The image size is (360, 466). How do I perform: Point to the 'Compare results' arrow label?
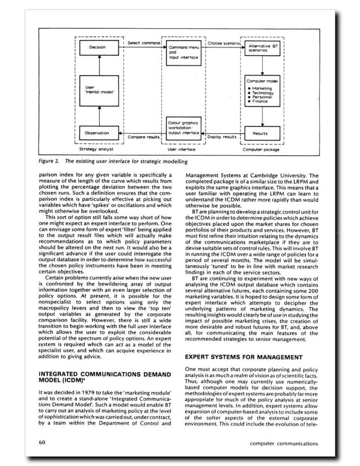pyautogui.click(x=142, y=138)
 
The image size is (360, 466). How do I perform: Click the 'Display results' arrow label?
pyautogui.click(x=222, y=138)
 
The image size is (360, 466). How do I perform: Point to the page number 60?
pyautogui.click(x=43, y=443)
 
